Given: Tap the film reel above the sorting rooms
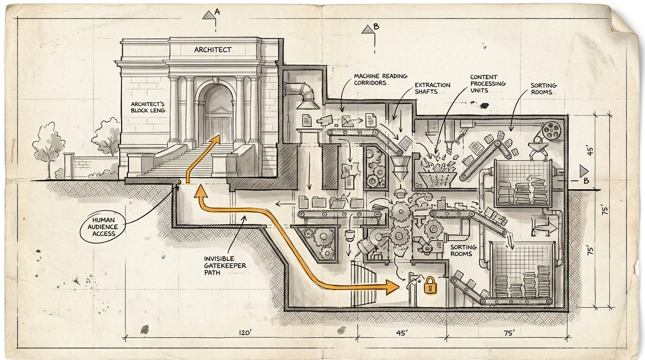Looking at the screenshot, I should tap(552, 130).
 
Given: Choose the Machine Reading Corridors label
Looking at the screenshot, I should tap(374, 79).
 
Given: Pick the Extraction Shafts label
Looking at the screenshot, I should tap(432, 88).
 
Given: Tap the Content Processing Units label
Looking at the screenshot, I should tap(487, 83).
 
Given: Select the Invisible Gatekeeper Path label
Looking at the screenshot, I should tap(225, 265).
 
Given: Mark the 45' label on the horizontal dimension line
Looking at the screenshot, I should tap(401, 333).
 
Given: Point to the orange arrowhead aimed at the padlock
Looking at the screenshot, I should tap(393, 287).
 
